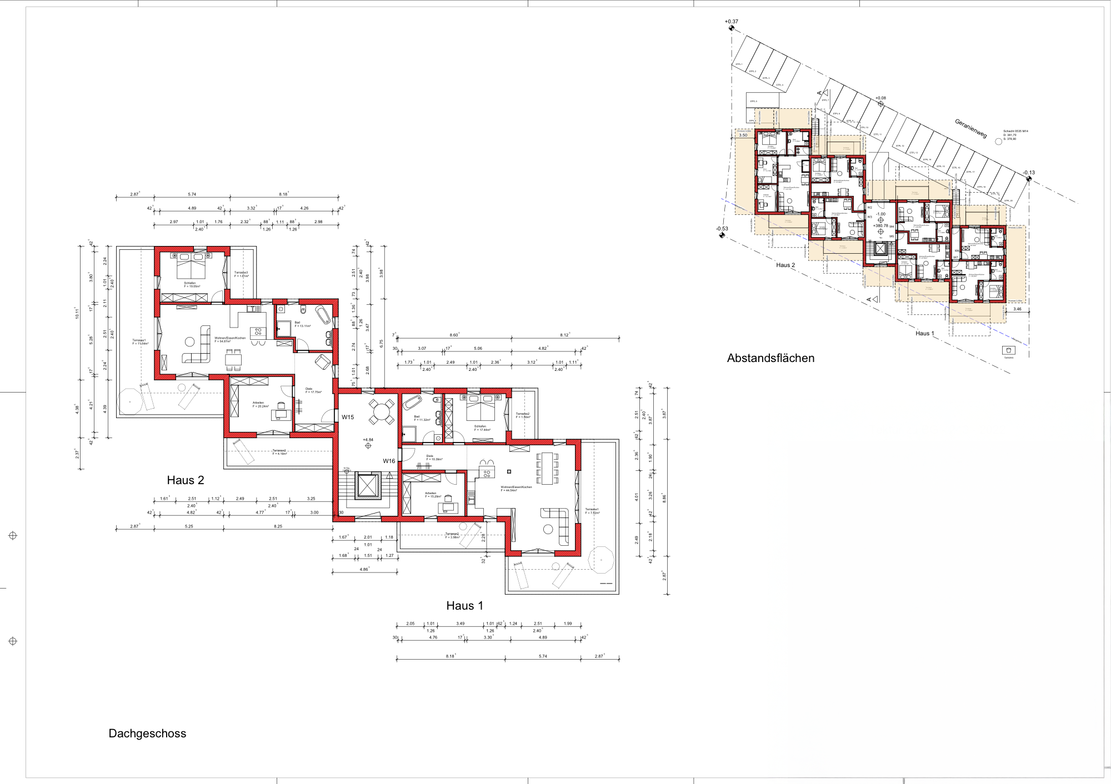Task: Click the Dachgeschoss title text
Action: (147, 733)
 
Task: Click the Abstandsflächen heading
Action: (770, 358)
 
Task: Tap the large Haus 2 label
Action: (186, 480)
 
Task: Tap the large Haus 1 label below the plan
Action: (464, 606)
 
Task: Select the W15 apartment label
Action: (348, 417)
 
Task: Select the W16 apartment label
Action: (389, 461)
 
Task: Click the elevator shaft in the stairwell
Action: (367, 486)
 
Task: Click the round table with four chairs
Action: (382, 412)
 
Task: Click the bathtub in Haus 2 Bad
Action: (323, 314)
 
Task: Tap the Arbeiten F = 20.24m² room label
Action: (260, 404)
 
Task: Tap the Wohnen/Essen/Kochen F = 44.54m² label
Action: (516, 489)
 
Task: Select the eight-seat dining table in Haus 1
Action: (547, 468)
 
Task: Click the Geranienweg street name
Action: (970, 128)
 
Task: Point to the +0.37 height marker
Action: (731, 22)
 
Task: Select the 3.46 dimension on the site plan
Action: (1017, 309)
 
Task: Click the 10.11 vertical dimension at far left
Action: (78, 313)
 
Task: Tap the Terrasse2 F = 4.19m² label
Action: (279, 452)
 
